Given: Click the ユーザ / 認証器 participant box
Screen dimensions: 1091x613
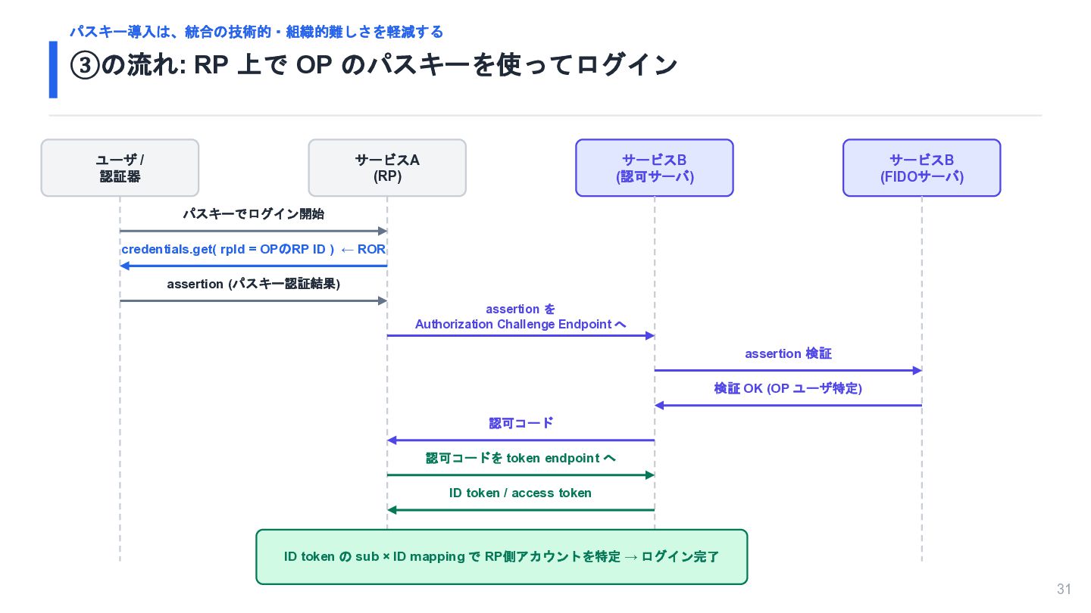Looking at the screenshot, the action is point(120,168).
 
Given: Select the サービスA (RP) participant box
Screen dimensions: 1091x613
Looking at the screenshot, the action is point(387,168).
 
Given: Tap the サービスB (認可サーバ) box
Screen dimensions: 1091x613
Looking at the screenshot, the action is point(654,168).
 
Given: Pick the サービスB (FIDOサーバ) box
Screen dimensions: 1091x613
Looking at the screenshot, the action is point(921,168).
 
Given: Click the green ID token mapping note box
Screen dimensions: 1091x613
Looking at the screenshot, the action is point(502,556).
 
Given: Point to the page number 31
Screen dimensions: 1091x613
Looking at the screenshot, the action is point(1064,589).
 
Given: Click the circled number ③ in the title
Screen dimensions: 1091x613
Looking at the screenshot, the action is point(85,65).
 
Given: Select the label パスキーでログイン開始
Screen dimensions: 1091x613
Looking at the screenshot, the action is point(253,214).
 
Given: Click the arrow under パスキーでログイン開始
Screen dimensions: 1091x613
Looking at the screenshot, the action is point(253,231).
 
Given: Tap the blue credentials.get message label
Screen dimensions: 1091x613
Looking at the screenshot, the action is point(253,249).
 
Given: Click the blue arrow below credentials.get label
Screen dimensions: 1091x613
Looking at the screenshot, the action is point(253,266).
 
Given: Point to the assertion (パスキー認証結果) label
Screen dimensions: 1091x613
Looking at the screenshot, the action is point(253,284).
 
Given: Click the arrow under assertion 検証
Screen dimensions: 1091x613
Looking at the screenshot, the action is point(788,371).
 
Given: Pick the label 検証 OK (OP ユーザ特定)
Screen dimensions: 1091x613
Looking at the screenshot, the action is point(788,388).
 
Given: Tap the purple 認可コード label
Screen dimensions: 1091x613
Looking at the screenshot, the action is point(520,423).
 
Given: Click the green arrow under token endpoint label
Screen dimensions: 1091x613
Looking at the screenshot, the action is point(520,475).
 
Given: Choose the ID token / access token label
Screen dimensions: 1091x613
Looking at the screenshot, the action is point(520,493).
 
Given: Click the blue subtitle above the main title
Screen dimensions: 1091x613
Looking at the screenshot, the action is point(256,32).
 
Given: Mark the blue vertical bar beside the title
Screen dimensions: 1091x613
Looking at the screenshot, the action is point(53,70).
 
